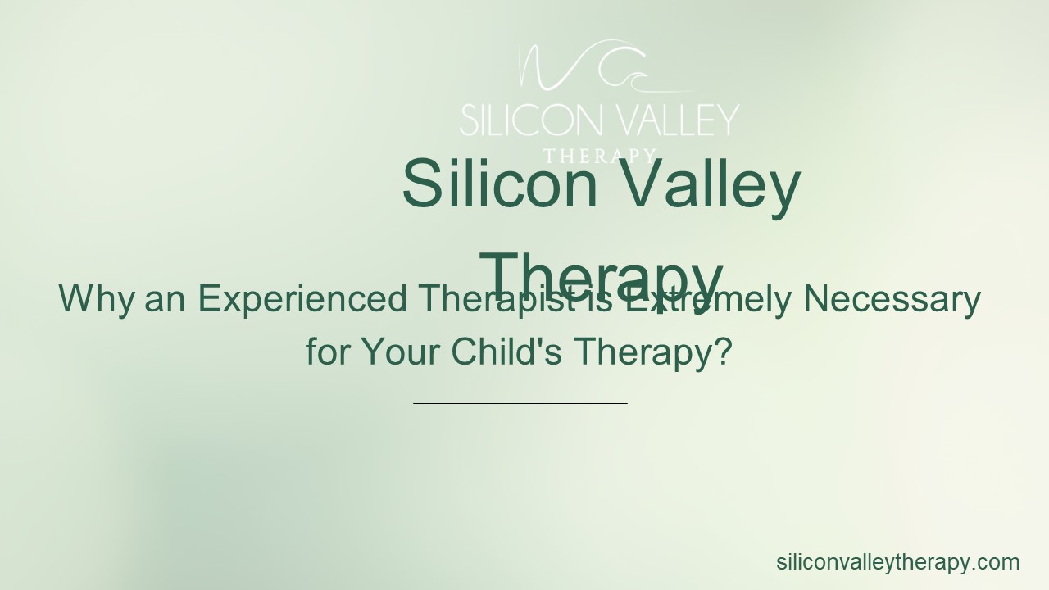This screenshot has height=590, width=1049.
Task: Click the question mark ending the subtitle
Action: tap(722, 352)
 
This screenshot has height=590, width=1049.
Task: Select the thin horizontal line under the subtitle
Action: tap(520, 403)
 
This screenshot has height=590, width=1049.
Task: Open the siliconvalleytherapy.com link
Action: tap(897, 562)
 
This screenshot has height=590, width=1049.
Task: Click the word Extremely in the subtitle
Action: tap(705, 299)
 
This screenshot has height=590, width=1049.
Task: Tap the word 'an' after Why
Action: tap(166, 299)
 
